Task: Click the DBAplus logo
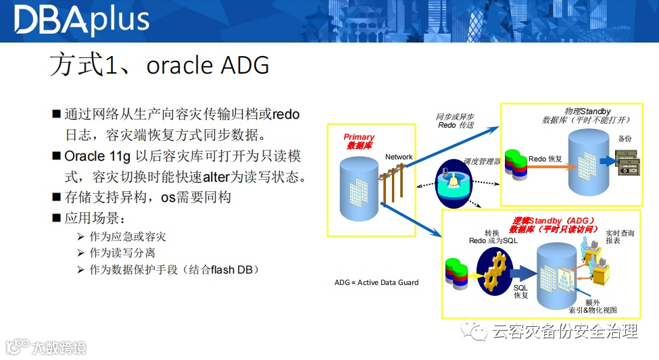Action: (81, 20)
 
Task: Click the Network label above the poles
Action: (399, 157)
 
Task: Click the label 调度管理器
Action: (482, 162)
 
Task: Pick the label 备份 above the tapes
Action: (625, 138)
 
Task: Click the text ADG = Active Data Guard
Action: (376, 282)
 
